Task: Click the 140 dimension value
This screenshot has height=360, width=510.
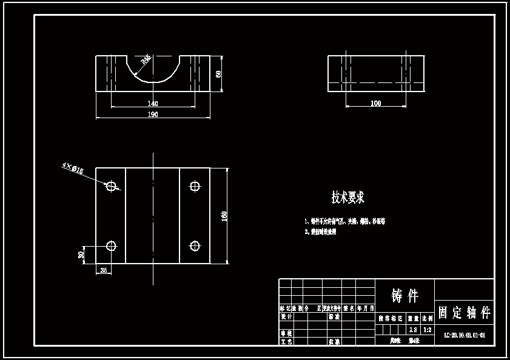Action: (x=153, y=104)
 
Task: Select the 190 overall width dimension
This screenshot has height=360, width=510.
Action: (x=153, y=115)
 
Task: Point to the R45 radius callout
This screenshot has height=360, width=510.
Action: (x=146, y=59)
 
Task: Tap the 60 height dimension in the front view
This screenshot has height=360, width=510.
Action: (x=218, y=74)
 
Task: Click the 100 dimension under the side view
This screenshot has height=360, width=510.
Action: (x=375, y=104)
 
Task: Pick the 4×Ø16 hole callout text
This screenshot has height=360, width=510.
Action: (x=72, y=168)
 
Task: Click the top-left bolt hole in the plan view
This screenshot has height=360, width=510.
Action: (x=111, y=186)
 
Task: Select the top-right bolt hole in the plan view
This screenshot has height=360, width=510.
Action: (x=195, y=186)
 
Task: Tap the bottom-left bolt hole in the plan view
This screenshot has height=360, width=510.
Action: (x=111, y=245)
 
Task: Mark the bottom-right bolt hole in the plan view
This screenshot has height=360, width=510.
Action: (x=195, y=245)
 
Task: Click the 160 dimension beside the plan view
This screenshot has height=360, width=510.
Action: (x=224, y=216)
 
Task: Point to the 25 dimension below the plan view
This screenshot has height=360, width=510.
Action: (x=104, y=270)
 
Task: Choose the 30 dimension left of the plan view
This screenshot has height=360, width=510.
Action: (x=81, y=255)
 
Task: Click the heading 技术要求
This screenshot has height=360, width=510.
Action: (x=347, y=198)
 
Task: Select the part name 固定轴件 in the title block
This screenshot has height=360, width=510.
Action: (x=464, y=313)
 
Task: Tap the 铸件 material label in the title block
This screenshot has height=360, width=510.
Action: (x=405, y=296)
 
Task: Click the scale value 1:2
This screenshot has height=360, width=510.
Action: (x=428, y=330)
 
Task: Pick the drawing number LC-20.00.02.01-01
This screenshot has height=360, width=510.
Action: (x=465, y=335)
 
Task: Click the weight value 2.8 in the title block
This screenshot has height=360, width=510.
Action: (x=413, y=330)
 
